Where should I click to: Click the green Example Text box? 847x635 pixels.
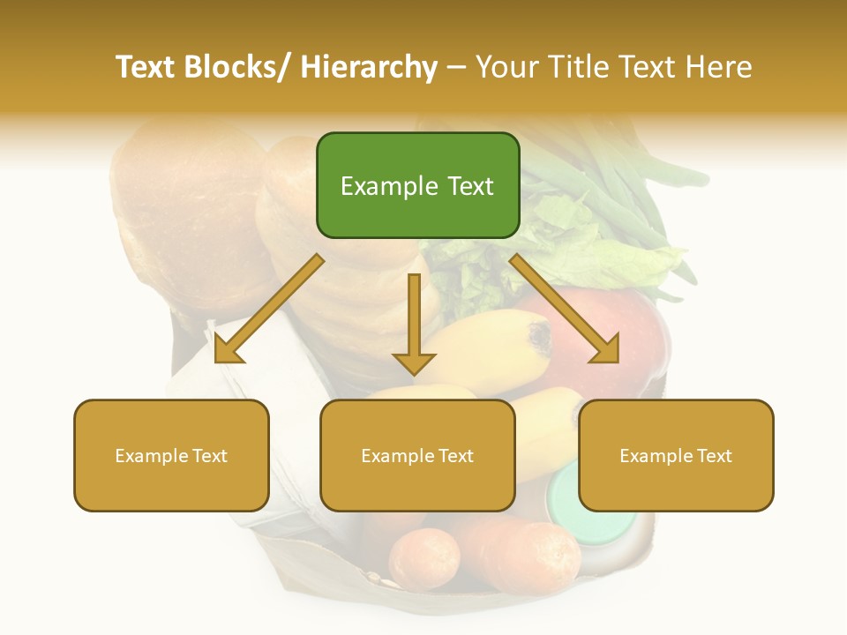[x=417, y=185]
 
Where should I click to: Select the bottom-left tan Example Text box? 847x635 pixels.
[x=171, y=455]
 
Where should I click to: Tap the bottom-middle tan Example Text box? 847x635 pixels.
[x=417, y=455]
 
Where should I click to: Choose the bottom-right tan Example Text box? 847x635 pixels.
[x=676, y=455]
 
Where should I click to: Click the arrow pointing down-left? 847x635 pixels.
[x=268, y=310]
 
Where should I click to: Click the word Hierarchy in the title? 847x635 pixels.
[x=368, y=67]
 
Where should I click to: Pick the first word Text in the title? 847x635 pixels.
[x=146, y=67]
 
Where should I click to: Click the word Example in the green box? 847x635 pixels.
[x=384, y=186]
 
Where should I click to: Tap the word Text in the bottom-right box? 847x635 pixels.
[x=713, y=455]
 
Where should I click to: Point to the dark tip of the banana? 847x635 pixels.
[x=537, y=335]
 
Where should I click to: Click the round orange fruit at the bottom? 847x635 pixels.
[x=424, y=557]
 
